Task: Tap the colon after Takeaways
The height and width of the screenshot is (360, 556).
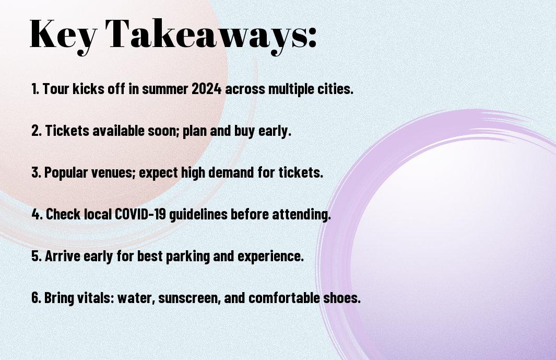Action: pyautogui.click(x=312, y=37)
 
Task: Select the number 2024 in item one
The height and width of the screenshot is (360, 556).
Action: pyautogui.click(x=206, y=89)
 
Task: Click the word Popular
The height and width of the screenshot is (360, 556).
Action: pyautogui.click(x=66, y=172)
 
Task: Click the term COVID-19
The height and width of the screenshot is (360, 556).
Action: pyautogui.click(x=140, y=214)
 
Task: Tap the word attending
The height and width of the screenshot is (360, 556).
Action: pyautogui.click(x=301, y=214)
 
